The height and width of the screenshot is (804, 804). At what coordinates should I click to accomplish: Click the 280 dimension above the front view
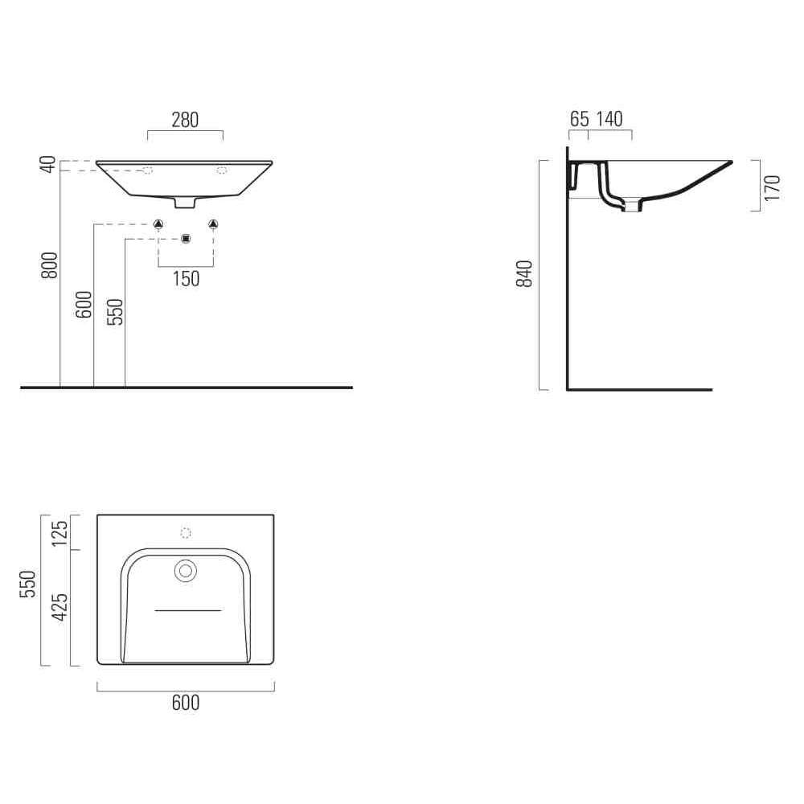point(185,120)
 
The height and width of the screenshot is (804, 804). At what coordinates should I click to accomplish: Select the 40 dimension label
point(49,165)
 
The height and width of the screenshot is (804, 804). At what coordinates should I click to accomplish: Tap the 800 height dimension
point(50,265)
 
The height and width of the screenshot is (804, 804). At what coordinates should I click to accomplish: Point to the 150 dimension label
point(186,279)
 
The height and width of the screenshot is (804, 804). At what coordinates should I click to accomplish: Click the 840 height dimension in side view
point(524,274)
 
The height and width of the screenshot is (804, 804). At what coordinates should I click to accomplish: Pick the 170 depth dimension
point(772,187)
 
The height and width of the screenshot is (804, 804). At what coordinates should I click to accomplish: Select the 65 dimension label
point(580,119)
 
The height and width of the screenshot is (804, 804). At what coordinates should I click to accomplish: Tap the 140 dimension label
point(609,119)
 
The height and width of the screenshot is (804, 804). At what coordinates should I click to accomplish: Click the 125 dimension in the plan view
point(60,533)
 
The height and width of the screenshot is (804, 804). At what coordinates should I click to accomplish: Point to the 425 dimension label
point(60,607)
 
